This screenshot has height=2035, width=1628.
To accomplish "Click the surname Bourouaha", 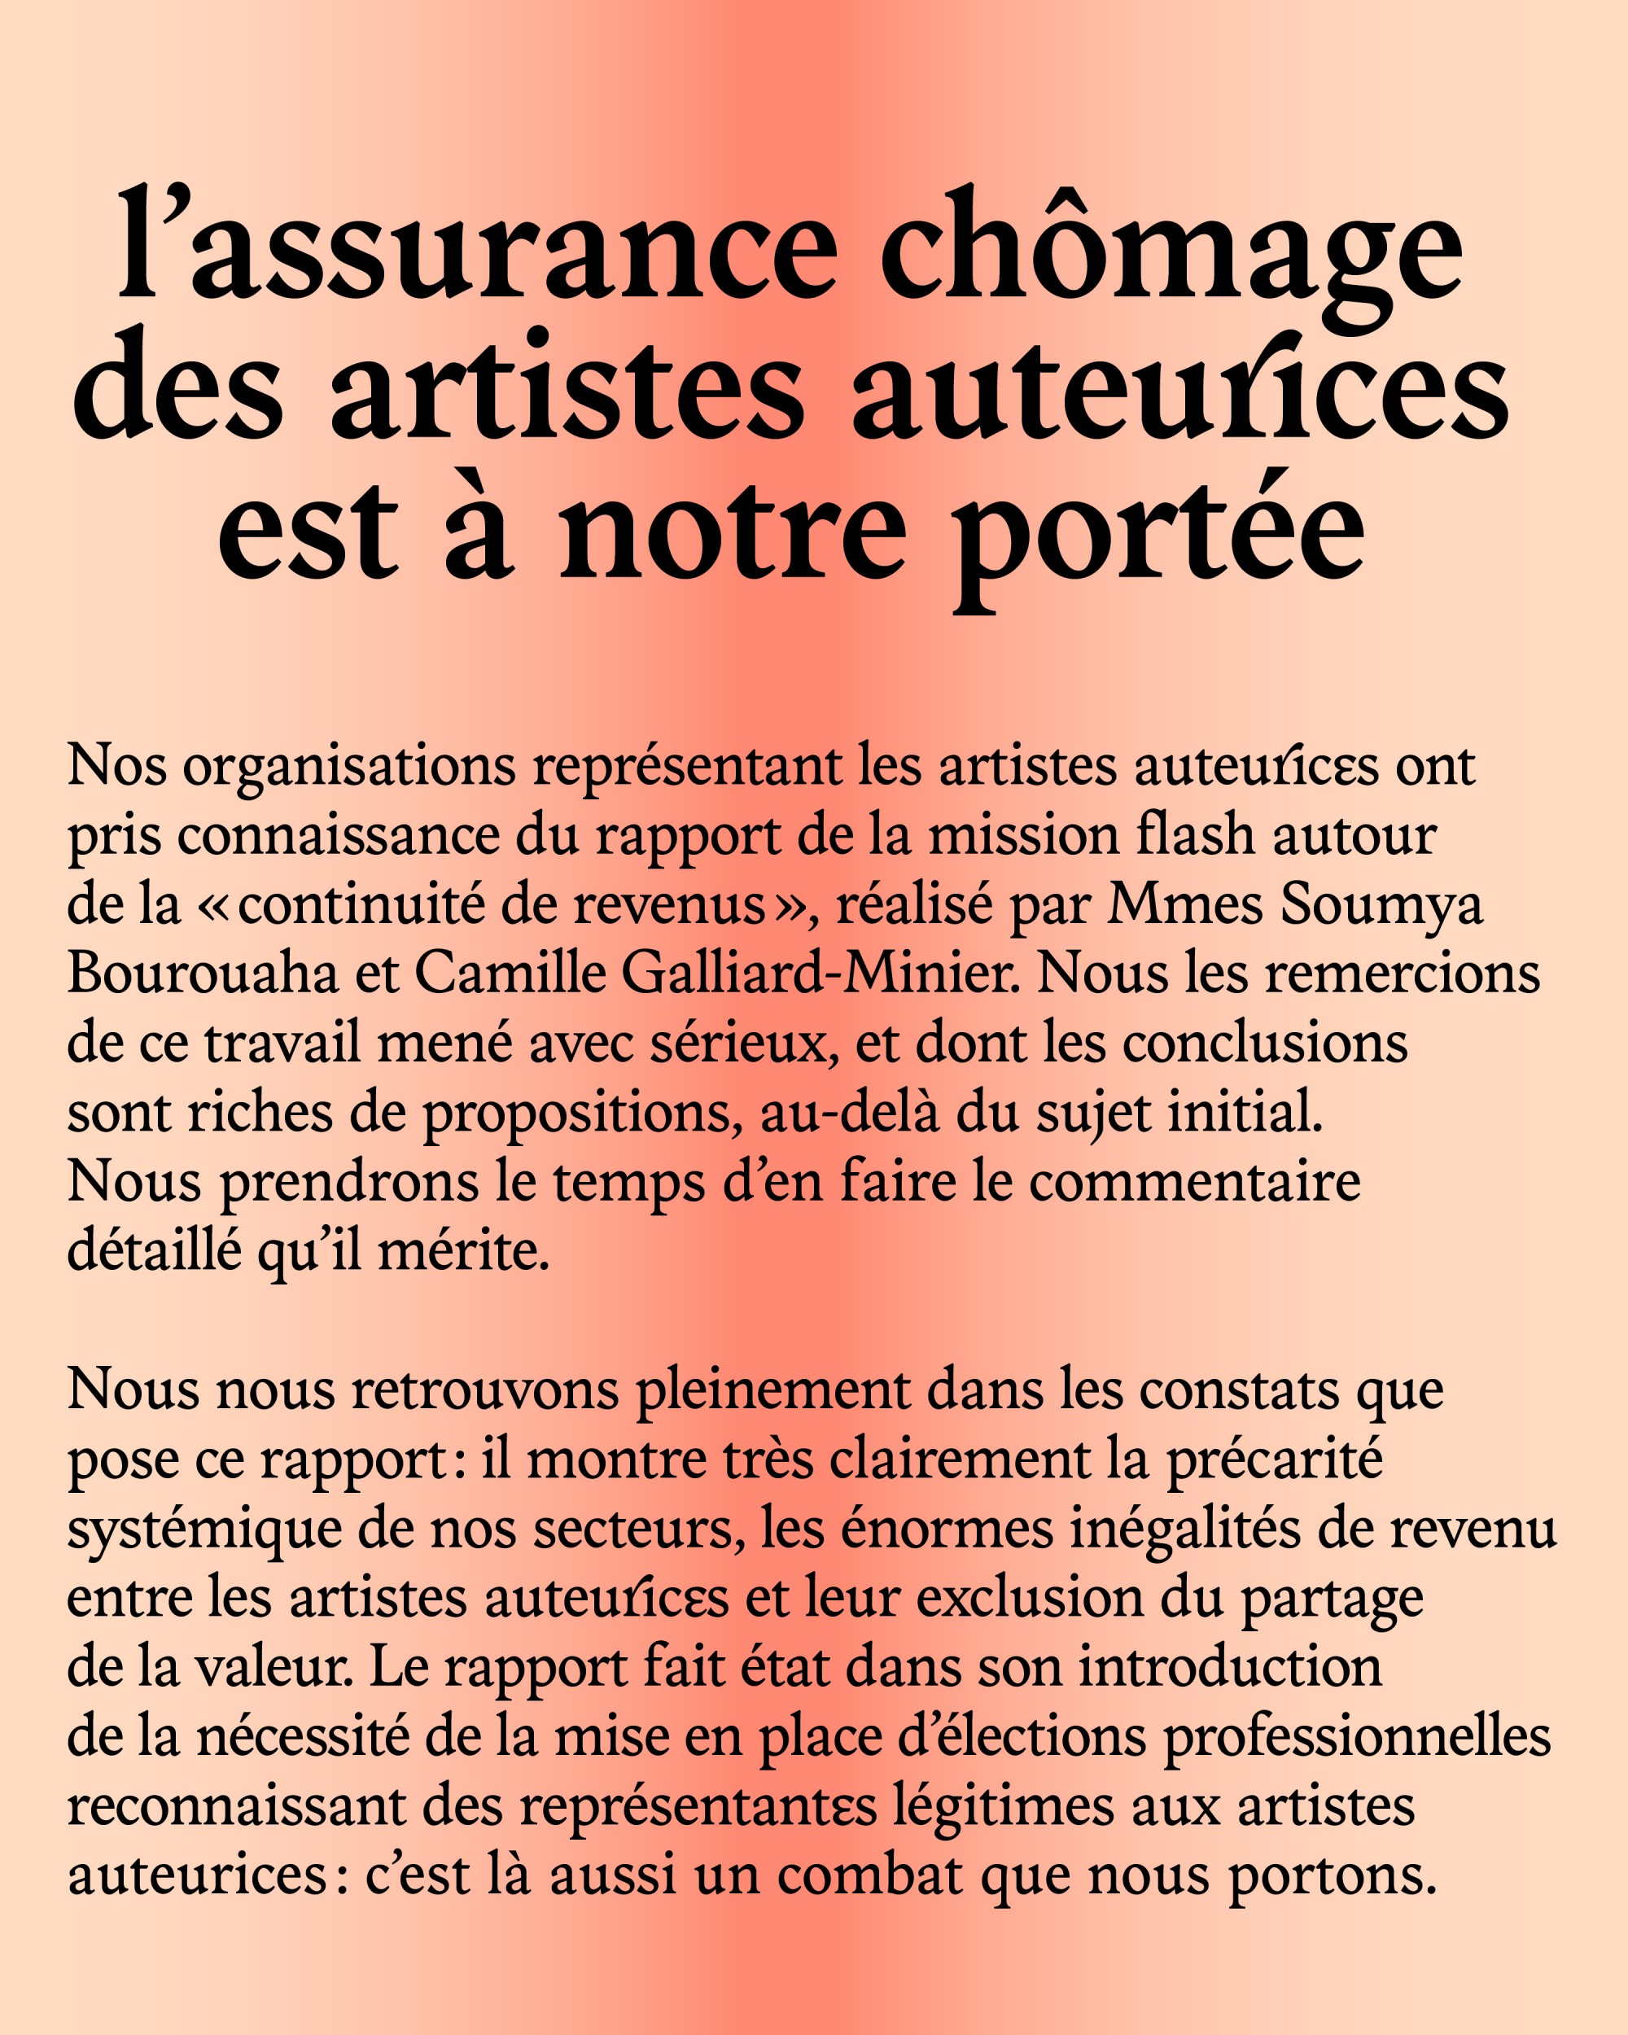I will (x=203, y=974).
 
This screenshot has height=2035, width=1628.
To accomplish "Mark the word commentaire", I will (x=1195, y=1183).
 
